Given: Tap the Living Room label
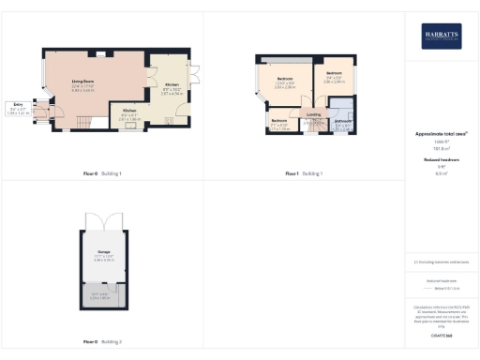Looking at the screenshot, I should click(82, 82).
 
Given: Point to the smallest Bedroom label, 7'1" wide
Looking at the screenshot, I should click(279, 122).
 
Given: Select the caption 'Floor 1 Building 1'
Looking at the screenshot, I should click(305, 173).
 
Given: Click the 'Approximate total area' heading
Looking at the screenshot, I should click(440, 134).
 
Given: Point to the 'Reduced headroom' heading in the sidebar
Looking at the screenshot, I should click(440, 160).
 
